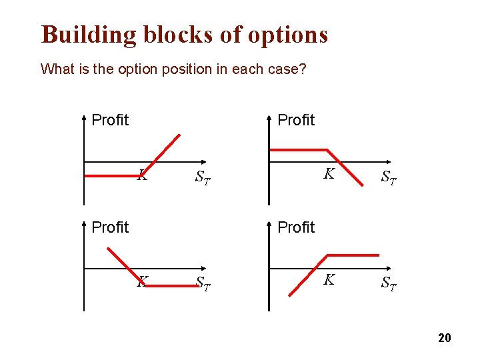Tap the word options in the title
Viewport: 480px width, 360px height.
point(288,35)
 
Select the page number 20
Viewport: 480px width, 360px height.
point(445,338)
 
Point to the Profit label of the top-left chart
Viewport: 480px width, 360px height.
point(110,120)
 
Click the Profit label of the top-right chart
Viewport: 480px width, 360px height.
point(296,120)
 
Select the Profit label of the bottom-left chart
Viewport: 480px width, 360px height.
point(110,227)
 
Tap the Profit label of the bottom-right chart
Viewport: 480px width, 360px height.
point(296,227)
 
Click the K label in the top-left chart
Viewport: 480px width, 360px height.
point(142,176)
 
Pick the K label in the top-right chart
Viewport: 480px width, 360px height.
point(329,174)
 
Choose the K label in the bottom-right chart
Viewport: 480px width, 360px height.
point(329,280)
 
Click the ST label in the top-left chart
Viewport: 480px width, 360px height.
point(203,178)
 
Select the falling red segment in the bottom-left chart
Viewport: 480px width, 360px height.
point(127,266)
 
